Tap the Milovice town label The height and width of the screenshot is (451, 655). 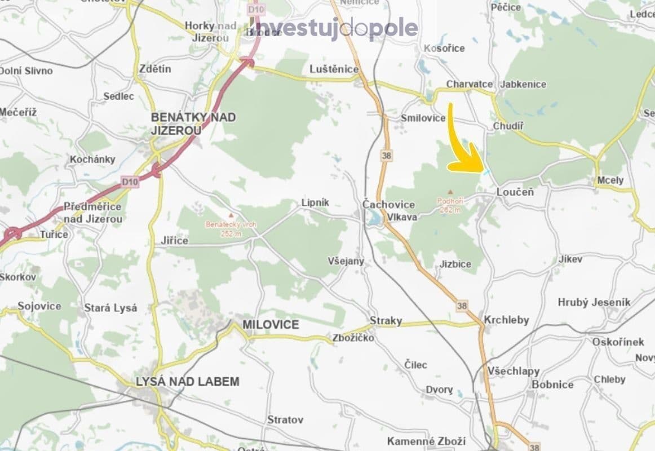click(271, 325)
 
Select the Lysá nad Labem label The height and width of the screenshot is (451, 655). click(188, 382)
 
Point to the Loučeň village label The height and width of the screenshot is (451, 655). click(515, 192)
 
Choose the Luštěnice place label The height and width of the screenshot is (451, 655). click(334, 69)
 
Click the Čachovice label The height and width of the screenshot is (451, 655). click(388, 205)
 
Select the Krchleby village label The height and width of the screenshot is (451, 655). click(507, 320)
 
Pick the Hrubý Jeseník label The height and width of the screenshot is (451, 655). click(594, 303)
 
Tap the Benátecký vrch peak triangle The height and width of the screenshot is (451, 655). click(231, 215)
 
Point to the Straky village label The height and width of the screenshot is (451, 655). click(386, 321)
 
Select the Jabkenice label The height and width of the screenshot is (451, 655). click(523, 84)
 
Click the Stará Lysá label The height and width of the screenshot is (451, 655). click(110, 308)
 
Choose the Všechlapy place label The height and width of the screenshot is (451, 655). click(514, 372)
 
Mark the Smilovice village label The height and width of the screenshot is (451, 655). click(423, 118)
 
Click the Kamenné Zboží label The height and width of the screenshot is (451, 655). click(426, 441)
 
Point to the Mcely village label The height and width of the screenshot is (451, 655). click(610, 180)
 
